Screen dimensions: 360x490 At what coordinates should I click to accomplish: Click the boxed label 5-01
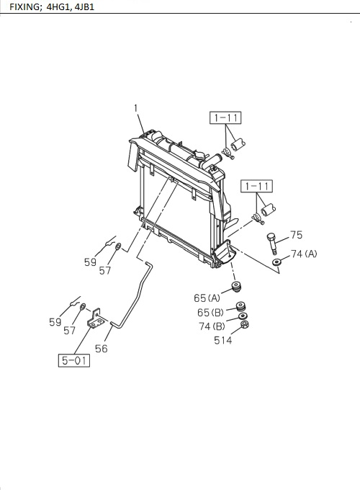pos(74,360)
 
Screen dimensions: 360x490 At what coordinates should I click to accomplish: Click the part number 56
pos(102,349)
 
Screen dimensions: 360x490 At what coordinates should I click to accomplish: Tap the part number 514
pos(223,340)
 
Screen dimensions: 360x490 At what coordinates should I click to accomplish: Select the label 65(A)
pos(207,298)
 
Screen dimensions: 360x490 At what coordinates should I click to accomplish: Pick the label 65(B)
pos(210,312)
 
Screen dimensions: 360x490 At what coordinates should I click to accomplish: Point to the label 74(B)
pos(212,326)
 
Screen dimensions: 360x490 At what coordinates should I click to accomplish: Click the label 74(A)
pos(304,254)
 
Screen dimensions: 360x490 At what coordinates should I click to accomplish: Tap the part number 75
pos(297,235)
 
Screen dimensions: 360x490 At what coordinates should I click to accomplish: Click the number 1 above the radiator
pos(136,108)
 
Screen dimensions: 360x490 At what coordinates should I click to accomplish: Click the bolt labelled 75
pos(272,243)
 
